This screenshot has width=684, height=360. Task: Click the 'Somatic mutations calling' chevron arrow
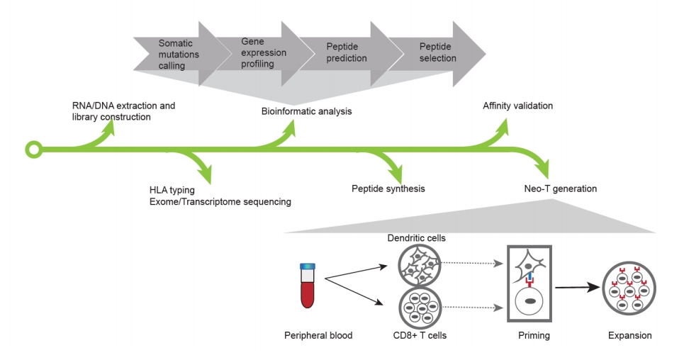(177, 54)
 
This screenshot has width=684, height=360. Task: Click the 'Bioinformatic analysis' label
(305, 111)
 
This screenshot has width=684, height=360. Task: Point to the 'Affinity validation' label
(517, 106)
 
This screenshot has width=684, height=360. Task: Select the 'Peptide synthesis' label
(388, 189)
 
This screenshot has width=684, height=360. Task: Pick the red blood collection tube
(307, 288)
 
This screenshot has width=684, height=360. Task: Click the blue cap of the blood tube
(307, 266)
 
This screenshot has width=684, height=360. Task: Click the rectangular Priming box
(529, 283)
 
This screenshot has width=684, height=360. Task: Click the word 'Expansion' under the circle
(629, 335)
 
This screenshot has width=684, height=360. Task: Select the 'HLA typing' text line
(172, 190)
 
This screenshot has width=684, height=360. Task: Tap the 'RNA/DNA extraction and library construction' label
(123, 111)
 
